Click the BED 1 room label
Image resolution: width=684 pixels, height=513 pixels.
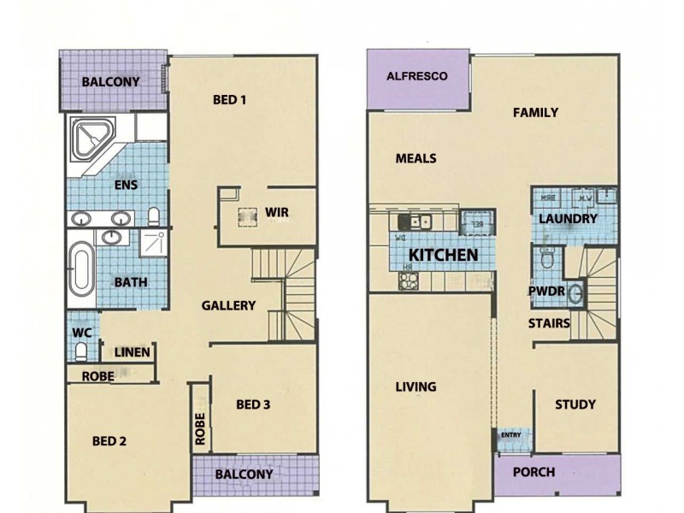pyautogui.click(x=229, y=100)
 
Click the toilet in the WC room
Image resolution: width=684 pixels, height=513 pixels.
pyautogui.click(x=82, y=351)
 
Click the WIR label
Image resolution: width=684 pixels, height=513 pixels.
pyautogui.click(x=275, y=212)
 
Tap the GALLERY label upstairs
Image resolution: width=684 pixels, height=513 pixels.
pyautogui.click(x=228, y=305)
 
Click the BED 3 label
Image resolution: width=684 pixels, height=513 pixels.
pyautogui.click(x=253, y=404)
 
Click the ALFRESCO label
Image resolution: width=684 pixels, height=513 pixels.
pyautogui.click(x=417, y=77)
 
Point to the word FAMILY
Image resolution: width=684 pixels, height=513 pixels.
pyautogui.click(x=535, y=113)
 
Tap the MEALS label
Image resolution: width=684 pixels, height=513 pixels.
pyautogui.click(x=416, y=158)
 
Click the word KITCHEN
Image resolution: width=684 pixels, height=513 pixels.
pyautogui.click(x=442, y=255)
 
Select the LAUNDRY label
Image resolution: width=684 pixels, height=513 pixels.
pyautogui.click(x=567, y=220)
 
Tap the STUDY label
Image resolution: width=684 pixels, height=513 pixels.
pyautogui.click(x=575, y=404)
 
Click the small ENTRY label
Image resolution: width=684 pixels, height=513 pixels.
pyautogui.click(x=510, y=435)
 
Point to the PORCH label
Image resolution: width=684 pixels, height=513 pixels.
pyautogui.click(x=534, y=472)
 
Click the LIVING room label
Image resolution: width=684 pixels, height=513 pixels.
pyautogui.click(x=416, y=387)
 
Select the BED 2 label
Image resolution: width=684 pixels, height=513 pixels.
pyautogui.click(x=109, y=441)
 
